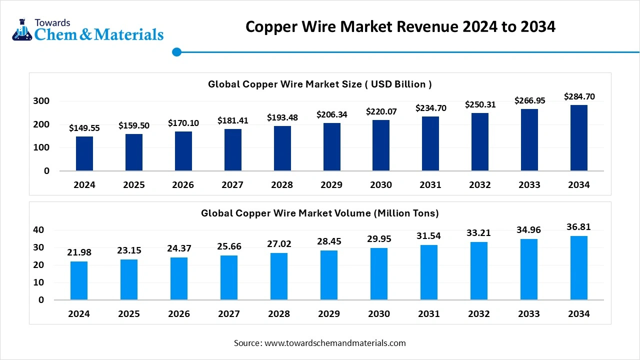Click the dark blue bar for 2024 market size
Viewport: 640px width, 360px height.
pos(84,153)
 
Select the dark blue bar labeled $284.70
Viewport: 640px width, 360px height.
pos(579,138)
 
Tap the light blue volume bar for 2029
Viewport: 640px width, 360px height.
pos(329,275)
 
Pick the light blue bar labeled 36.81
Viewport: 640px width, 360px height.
pos(579,268)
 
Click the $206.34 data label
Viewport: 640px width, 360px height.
pos(331,114)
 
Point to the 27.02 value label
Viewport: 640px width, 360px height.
pos(279,244)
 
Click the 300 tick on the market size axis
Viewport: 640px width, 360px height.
pos(41,101)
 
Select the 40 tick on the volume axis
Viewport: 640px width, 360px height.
pos(38,230)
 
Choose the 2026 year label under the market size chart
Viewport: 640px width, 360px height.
pos(183,185)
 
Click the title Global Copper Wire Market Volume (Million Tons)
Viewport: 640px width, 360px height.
pos(320,213)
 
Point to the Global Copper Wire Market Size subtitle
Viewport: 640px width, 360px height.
pos(320,84)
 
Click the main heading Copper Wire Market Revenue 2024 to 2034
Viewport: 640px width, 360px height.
pos(400,26)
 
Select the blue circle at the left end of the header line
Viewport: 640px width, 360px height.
pos(176,52)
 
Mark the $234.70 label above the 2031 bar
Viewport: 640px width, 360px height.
pos(430,108)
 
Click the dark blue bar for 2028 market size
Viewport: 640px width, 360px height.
pos(282,148)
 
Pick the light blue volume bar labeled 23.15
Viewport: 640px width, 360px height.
pos(129,279)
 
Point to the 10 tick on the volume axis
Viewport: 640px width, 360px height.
pos(38,282)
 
